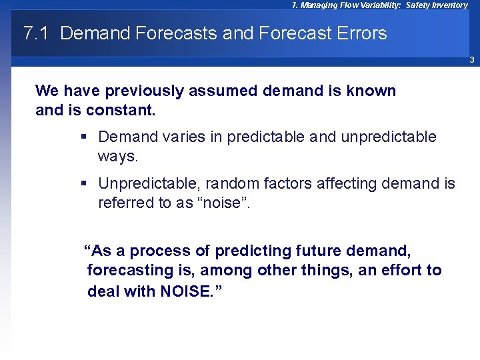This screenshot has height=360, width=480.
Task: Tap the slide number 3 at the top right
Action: click(x=471, y=60)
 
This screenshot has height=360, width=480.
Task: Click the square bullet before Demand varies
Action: click(x=84, y=137)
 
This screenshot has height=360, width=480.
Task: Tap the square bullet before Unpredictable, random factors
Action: click(x=84, y=183)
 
